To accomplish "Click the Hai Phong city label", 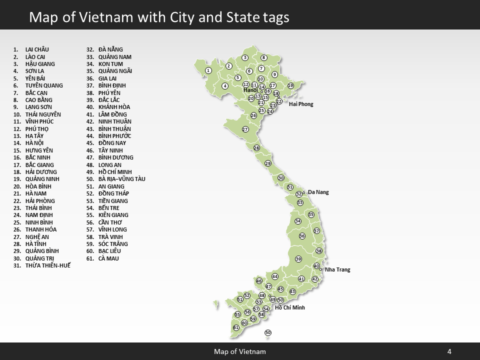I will click(301, 104).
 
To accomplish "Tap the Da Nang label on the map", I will click(318, 192).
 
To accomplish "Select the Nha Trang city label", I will click(337, 269).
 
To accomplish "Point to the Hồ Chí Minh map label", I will click(290, 307).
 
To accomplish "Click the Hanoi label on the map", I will click(250, 90).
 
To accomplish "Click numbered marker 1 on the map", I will click(208, 70).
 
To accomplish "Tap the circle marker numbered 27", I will click(245, 129).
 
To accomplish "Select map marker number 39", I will click(298, 259).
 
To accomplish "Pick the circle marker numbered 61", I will click(236, 327).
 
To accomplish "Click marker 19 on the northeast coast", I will click(290, 85).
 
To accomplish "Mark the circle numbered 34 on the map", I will click(298, 221).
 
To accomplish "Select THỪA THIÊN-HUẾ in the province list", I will click(47, 265).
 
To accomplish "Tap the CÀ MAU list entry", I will click(108, 258).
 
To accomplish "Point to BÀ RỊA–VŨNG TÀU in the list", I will click(121, 179).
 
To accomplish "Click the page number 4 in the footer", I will click(449, 351).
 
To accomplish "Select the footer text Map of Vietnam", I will click(240, 351).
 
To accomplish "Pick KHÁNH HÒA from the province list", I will click(114, 107).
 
